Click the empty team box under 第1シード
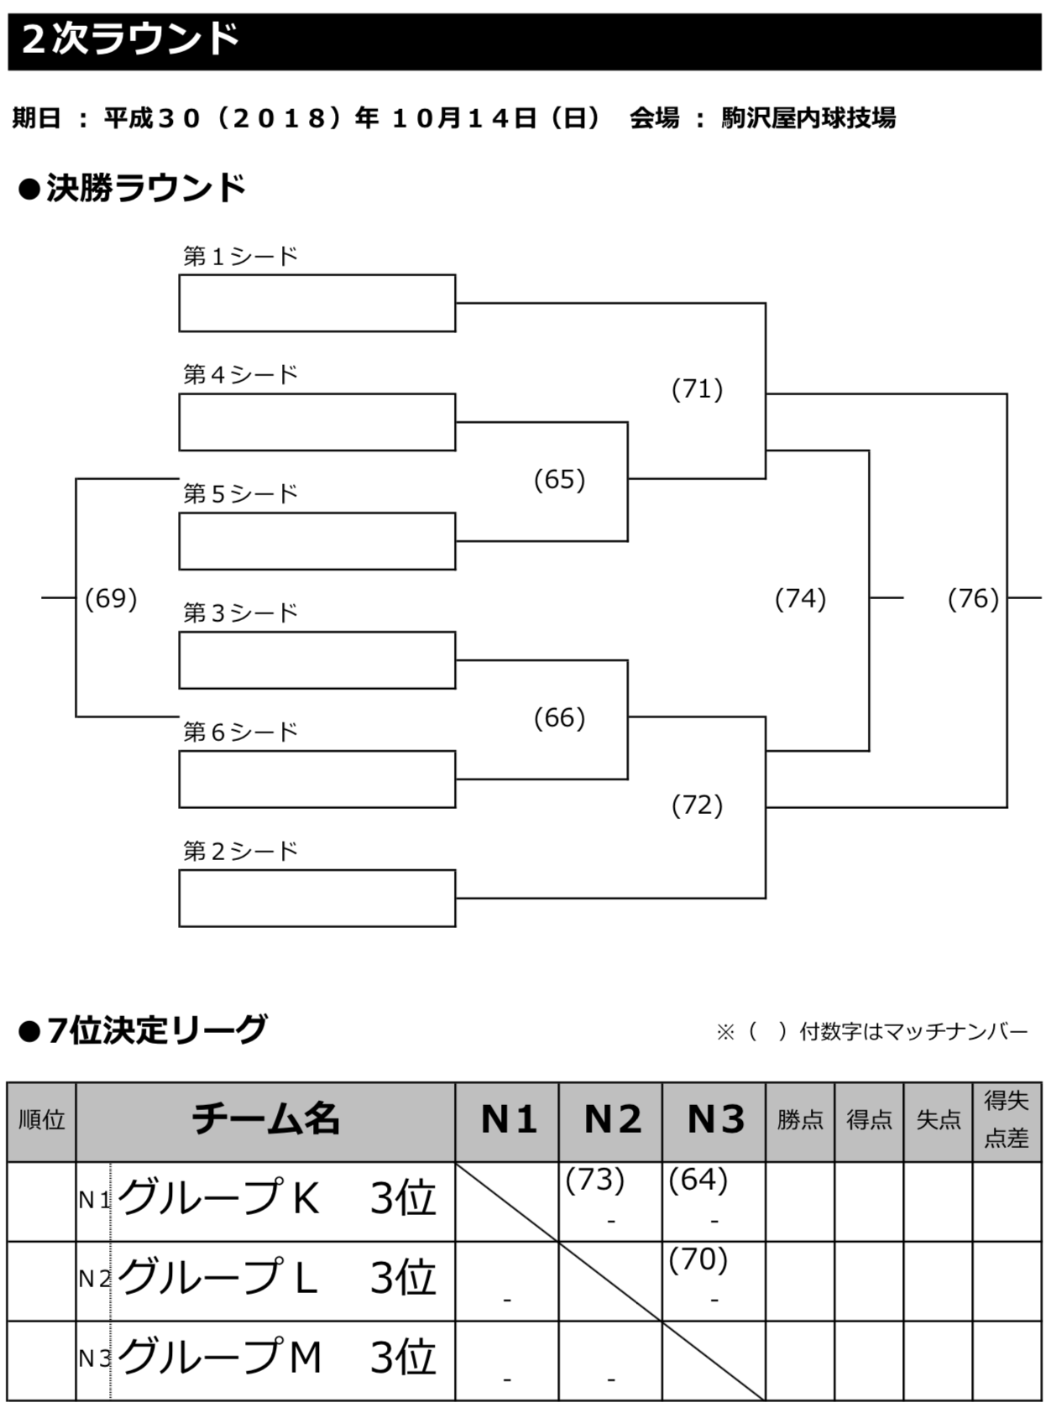click(x=316, y=303)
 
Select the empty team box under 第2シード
click(x=316, y=898)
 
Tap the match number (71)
click(x=697, y=389)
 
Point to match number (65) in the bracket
click(x=559, y=479)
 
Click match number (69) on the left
click(x=111, y=598)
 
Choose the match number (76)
click(x=973, y=598)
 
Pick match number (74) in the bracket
click(x=800, y=598)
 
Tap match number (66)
click(x=559, y=717)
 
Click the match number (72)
click(x=697, y=806)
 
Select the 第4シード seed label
click(x=241, y=374)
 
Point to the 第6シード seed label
click(x=241, y=732)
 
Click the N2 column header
click(x=611, y=1120)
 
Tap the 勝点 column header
click(x=800, y=1120)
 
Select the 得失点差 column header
click(x=1006, y=1120)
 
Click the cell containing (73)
click(x=610, y=1201)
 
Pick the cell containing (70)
click(x=714, y=1280)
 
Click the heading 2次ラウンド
click(x=130, y=39)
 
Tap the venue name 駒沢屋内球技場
click(x=808, y=118)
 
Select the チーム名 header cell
click(x=265, y=1120)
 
